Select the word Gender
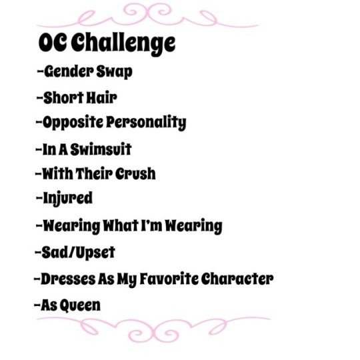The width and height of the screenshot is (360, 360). click(69, 71)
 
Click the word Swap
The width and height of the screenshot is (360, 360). click(114, 72)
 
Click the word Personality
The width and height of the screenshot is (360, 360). click(146, 123)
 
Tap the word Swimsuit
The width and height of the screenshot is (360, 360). click(101, 149)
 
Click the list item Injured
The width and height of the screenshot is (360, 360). click(67, 199)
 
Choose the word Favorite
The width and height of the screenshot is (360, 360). click(169, 279)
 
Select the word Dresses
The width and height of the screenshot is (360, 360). click(68, 279)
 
